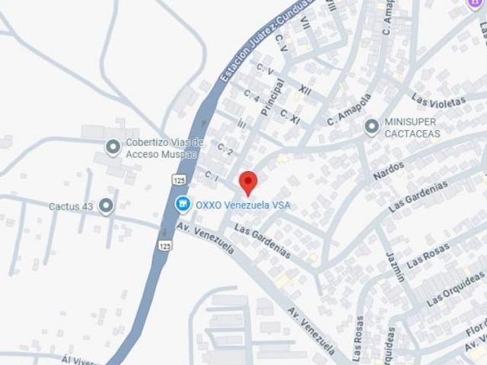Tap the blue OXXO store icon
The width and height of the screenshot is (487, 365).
[x=182, y=204]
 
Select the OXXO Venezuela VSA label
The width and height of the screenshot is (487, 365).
[x=243, y=205]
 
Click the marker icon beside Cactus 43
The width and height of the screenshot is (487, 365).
[x=106, y=205]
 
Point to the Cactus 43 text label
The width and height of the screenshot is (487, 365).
[x=70, y=206]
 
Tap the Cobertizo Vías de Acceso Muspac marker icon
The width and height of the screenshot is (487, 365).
[x=113, y=148]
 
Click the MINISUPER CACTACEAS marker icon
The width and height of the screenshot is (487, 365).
[x=372, y=127]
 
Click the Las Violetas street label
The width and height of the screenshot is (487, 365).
[x=438, y=99]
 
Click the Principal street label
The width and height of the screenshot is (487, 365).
[x=272, y=97]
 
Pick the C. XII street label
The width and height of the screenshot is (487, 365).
[x=304, y=90]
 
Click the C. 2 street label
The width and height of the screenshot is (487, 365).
[x=224, y=148]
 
